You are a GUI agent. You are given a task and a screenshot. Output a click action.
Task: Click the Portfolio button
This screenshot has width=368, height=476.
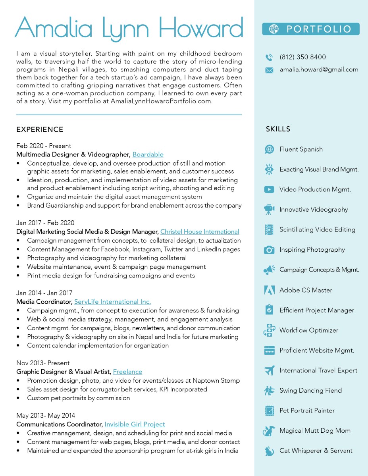[310, 29]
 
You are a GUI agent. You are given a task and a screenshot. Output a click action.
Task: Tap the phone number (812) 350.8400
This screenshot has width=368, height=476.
[302, 57]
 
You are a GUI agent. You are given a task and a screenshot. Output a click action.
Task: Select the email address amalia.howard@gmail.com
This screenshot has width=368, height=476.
[319, 69]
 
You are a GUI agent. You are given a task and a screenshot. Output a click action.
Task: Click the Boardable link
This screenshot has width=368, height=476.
[148, 154]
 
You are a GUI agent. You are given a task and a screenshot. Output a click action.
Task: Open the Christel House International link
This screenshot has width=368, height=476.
[200, 231]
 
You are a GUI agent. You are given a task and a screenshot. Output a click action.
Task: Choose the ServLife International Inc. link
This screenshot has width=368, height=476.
[112, 302]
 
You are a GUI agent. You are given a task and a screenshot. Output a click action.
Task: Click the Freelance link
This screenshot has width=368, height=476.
[127, 372]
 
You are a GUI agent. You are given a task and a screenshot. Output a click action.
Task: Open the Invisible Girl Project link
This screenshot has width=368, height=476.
[135, 424]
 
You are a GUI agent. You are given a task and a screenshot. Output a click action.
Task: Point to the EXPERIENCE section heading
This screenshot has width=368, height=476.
[40, 129]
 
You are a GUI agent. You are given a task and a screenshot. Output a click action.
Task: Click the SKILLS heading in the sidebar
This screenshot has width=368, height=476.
[278, 129]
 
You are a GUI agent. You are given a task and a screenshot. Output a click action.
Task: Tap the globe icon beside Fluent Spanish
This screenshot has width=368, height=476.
[269, 149]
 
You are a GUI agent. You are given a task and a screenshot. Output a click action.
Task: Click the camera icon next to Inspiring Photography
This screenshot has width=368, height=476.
[269, 250]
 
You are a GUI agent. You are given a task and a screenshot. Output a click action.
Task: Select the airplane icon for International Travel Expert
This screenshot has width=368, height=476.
[269, 370]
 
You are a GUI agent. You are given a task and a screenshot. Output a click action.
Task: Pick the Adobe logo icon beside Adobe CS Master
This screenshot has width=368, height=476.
[269, 290]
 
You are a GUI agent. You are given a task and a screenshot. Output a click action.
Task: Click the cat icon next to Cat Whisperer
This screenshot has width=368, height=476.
[269, 451]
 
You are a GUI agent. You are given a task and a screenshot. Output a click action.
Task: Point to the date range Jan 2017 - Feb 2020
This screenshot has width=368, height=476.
[45, 223]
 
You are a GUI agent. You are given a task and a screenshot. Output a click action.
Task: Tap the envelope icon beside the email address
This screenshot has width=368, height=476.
[269, 70]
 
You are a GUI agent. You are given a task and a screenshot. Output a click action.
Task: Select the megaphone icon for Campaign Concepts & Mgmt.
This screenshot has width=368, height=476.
[269, 270]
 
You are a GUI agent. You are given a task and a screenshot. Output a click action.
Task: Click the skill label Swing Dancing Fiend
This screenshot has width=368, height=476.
[310, 391]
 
